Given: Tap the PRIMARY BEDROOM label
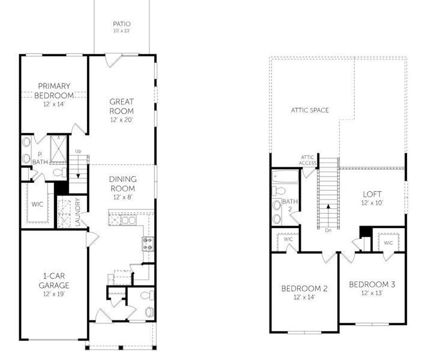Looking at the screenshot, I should click(x=54, y=91).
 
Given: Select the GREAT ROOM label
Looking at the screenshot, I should click(x=121, y=106).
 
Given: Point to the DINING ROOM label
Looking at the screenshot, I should click(x=122, y=184).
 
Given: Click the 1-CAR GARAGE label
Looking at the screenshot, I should click(x=54, y=281).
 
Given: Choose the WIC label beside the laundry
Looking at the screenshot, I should click(x=37, y=205).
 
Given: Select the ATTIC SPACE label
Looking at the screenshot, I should click(x=310, y=110).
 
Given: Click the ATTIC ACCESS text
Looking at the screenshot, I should click(x=307, y=160).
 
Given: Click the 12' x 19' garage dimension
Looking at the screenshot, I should click(x=54, y=294).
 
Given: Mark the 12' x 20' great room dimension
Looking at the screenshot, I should click(x=121, y=120).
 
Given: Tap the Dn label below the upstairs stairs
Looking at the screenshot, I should click(x=327, y=230).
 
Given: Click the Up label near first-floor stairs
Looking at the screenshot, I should click(x=78, y=151).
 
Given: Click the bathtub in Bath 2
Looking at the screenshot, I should click(x=282, y=176).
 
